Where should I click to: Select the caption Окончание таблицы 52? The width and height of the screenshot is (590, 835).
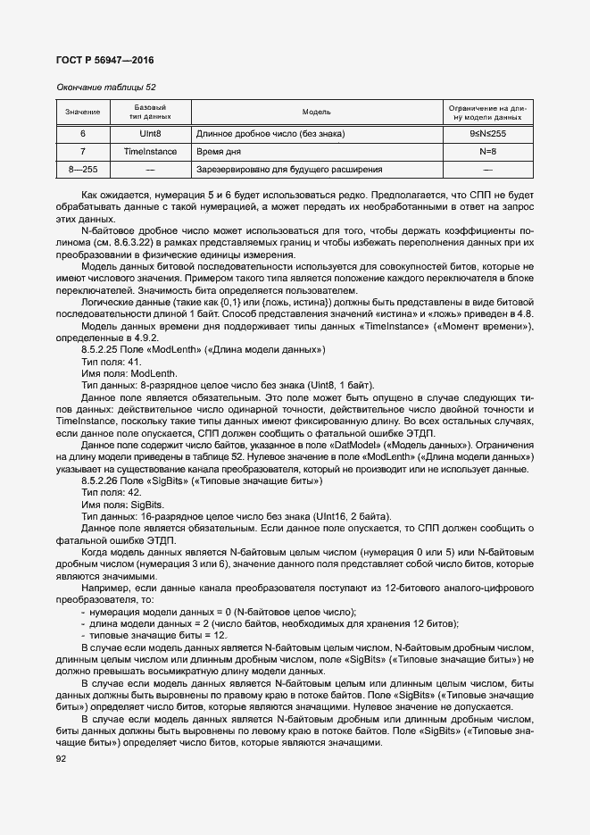pos(106,88)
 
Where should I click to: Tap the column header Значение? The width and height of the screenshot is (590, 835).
pos(83,113)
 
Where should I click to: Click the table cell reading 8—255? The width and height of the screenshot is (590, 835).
pos(83,169)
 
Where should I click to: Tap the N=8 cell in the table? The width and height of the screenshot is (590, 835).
pos(487,152)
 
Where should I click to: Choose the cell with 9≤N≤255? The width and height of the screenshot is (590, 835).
pos(487,134)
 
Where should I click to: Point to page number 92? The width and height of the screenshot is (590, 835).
pos(62,759)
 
